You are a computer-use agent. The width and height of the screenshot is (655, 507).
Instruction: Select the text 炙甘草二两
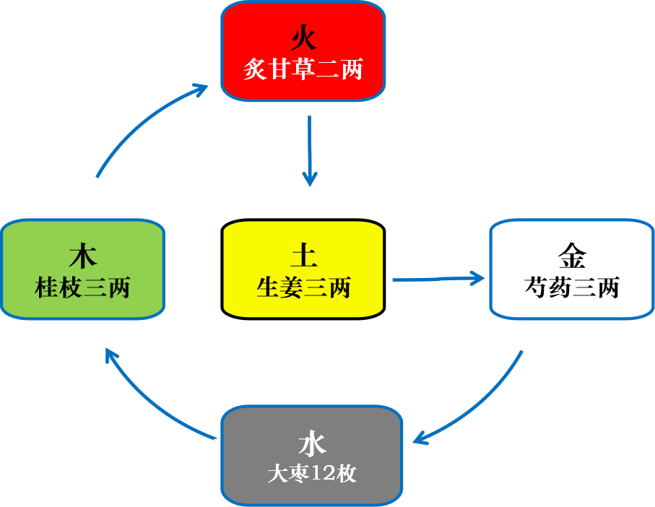click(303, 70)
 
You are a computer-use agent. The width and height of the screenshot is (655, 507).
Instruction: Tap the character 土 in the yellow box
click(303, 255)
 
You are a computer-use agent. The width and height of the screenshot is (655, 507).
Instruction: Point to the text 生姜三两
click(303, 287)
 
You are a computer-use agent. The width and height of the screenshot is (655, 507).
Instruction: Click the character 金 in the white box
click(572, 255)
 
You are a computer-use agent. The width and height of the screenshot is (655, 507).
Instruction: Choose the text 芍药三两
click(572, 287)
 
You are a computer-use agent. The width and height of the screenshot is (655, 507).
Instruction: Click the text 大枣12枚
click(312, 474)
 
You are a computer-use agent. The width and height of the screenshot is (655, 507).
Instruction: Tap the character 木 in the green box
click(83, 255)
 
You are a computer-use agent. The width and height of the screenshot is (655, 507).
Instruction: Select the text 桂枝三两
click(83, 287)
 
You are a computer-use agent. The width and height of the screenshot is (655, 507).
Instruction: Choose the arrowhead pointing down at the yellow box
click(310, 178)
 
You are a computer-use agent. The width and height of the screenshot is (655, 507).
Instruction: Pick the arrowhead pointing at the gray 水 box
click(420, 438)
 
